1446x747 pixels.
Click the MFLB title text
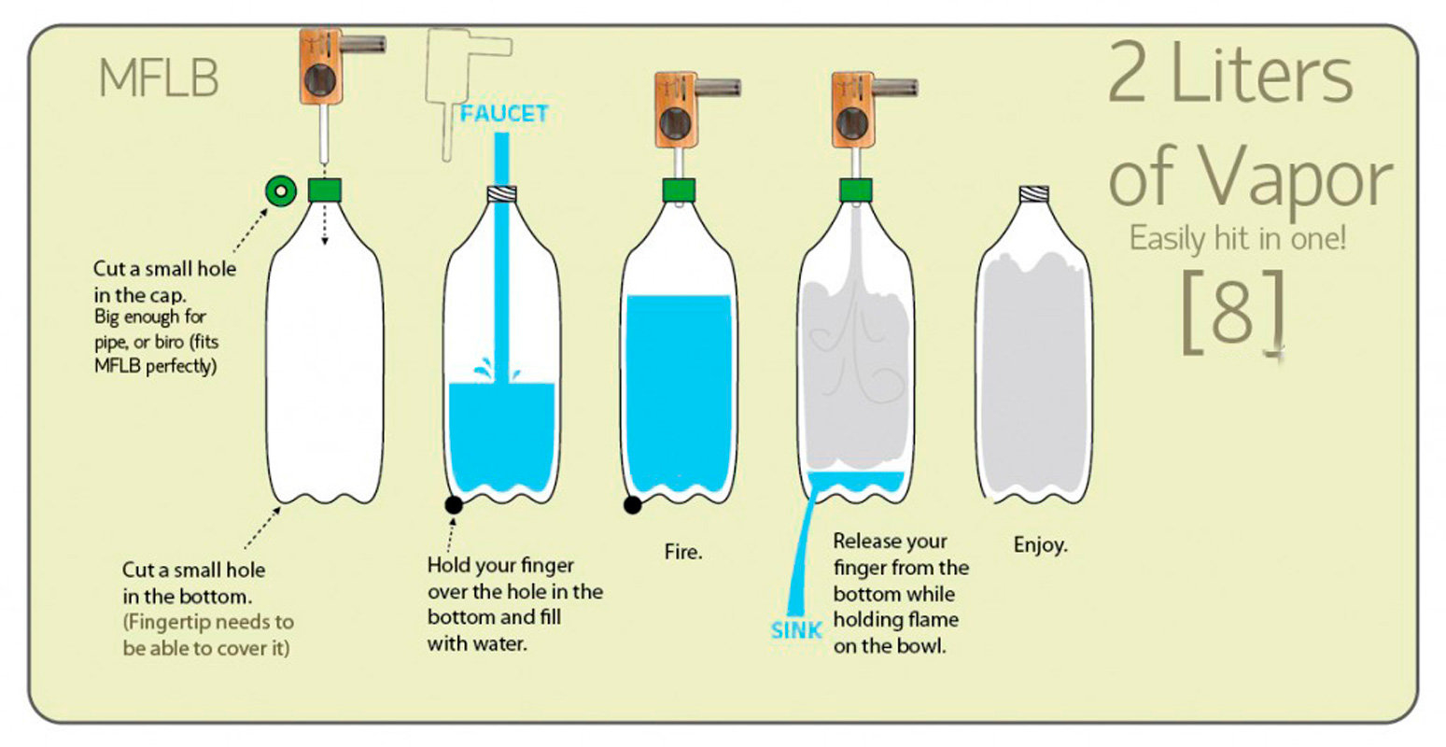click(x=158, y=78)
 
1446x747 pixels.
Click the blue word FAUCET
click(x=504, y=114)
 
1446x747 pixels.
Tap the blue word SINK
click(x=796, y=630)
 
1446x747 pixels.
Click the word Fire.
click(x=683, y=552)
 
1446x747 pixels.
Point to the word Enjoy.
click(x=1040, y=544)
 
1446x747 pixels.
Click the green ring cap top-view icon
click(x=280, y=190)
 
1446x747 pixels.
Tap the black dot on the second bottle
click(x=454, y=504)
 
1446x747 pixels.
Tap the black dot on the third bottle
click(x=632, y=504)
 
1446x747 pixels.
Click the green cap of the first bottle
click(x=325, y=190)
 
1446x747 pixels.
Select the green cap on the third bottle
click(x=680, y=190)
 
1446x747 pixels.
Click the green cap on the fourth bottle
click(x=856, y=190)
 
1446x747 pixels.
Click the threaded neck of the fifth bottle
click(x=1033, y=194)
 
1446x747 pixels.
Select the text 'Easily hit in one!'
click(x=1238, y=238)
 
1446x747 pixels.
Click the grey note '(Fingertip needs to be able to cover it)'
click(x=207, y=635)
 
